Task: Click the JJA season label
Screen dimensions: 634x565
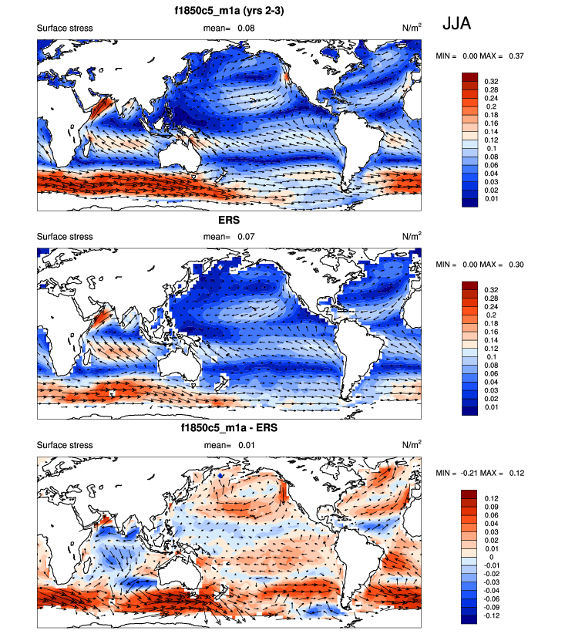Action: click(456, 25)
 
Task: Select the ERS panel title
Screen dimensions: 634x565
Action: click(229, 220)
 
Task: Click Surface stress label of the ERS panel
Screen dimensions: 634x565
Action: click(65, 236)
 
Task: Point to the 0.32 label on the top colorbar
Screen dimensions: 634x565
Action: click(490, 80)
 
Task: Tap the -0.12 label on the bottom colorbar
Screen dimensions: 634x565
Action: click(491, 615)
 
